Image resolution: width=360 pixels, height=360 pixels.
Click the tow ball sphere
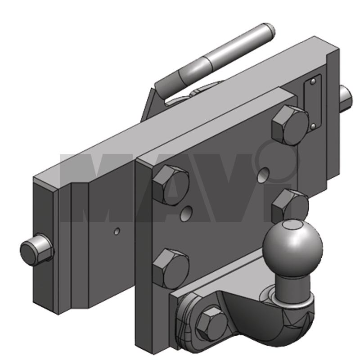[x=292, y=249]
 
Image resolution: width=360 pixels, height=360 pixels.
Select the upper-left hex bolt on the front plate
[x=171, y=185]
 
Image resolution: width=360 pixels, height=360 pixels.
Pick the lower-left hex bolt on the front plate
[x=171, y=269]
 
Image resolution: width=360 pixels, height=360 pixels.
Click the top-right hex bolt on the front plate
[x=290, y=126]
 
